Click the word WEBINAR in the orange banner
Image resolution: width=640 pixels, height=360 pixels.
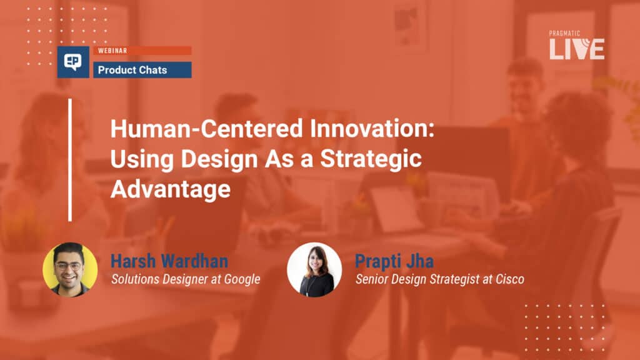pos(112,51)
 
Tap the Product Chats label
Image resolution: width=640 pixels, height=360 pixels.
pos(132,70)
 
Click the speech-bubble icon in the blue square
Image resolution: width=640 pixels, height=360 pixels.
pos(73,62)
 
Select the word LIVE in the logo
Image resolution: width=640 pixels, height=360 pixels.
pos(577,49)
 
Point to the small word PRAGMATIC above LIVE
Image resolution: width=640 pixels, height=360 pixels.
pos(564,34)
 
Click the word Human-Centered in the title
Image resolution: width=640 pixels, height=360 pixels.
pos(206,129)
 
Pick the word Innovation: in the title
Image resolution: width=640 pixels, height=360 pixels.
pos(372,129)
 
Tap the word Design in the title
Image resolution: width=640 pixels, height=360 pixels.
pos(219,159)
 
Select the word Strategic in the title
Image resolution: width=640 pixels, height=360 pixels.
pos(371,159)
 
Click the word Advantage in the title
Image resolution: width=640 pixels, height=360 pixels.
pos(171,189)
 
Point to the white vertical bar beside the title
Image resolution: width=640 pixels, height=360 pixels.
pos(70,160)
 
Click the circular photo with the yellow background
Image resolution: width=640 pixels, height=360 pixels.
pos(70,269)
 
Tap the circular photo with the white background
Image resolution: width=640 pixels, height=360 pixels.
pos(314,269)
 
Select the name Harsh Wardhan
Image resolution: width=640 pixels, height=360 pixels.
pos(169,261)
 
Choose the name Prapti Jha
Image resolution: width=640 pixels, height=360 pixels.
pos(394,261)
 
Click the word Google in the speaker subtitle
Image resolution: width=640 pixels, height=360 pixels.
pos(242,279)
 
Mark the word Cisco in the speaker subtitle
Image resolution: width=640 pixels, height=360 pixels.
pos(510,279)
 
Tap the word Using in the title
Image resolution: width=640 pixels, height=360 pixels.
pos(142,159)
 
